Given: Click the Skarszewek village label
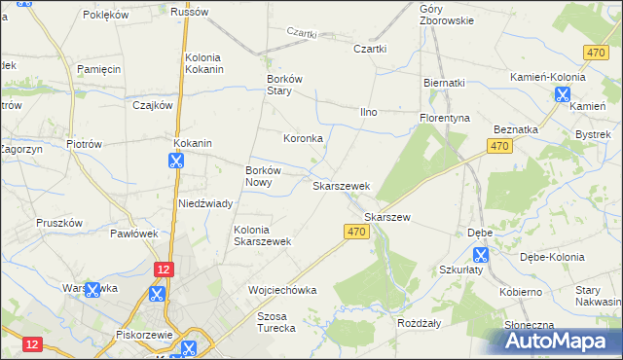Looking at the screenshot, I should (x=340, y=185).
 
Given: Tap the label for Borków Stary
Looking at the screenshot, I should (x=286, y=86).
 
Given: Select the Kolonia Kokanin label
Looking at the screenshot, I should (x=205, y=63).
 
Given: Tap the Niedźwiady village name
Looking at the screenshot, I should (x=204, y=203).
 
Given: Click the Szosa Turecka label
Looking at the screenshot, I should (x=275, y=322).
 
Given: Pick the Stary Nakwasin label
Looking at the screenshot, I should (x=598, y=296).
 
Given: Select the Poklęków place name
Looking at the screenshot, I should (x=106, y=15).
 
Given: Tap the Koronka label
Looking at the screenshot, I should (x=303, y=138).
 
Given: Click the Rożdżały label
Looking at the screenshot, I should (x=420, y=321).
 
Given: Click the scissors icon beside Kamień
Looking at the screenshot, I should (x=562, y=94).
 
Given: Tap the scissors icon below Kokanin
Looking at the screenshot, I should (x=176, y=161).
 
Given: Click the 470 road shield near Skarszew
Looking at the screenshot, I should (x=356, y=231).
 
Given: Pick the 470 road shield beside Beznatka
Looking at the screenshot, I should (x=498, y=146).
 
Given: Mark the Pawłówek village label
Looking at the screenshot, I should (x=133, y=234).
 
